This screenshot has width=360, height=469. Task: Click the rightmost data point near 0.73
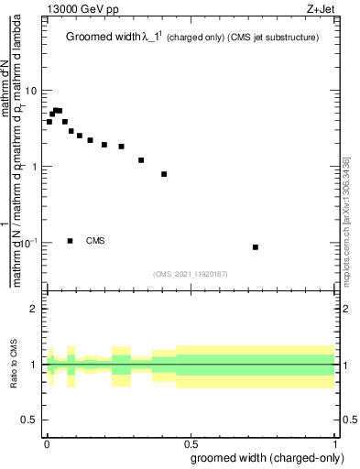pos(256,247)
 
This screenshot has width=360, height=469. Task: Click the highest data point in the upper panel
pos(55,110)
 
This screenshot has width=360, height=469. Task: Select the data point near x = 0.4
pos(164,174)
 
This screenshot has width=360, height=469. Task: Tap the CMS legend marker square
pos(71,241)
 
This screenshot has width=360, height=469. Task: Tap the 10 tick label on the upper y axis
pos(30,91)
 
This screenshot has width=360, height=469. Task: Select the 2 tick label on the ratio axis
pos(34,309)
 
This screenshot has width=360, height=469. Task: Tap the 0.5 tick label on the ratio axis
pos(29,420)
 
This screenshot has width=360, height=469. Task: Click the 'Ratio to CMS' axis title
pos(15,365)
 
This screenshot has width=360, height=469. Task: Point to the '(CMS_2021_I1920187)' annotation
pos(191,273)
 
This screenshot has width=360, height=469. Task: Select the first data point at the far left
pos(49,122)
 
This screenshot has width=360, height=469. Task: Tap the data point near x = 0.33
pos(141,160)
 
